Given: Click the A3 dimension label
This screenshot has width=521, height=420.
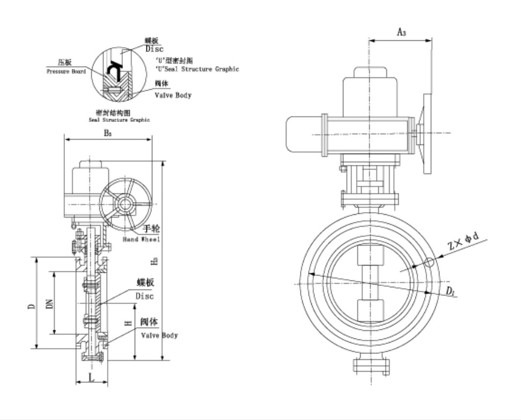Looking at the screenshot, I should tap(401, 32).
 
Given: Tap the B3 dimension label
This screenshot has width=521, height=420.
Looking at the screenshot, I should tap(107, 133).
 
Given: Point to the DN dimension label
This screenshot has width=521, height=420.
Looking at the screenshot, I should tap(49, 303).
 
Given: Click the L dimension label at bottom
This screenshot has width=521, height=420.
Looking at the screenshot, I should tap(91, 377).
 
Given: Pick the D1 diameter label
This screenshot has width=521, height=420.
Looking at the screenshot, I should tap(450, 291).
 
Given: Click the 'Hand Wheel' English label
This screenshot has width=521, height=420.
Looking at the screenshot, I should tap(142, 239).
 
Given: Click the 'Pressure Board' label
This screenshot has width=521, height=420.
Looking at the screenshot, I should tap(66, 71).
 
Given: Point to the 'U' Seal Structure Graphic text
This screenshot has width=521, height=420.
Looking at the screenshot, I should tap(197, 69).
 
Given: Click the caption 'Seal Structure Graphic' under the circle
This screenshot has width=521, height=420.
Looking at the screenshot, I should tap(119, 120).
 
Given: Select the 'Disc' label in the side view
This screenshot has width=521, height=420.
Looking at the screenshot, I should tap(144, 296).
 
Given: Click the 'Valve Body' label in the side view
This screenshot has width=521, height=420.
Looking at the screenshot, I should tap(159, 335).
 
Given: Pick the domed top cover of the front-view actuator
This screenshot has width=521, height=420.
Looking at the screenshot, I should tap(371, 77).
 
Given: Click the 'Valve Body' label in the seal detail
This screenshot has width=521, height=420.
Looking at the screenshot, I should tap(173, 95).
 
